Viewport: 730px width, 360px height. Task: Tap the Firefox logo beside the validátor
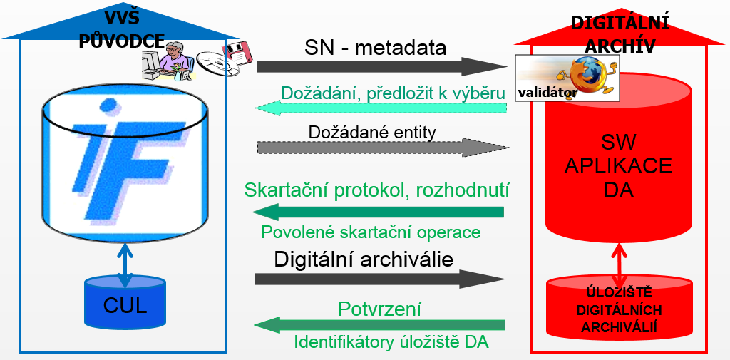click(586, 75)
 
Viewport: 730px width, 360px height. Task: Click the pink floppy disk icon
click(237, 52)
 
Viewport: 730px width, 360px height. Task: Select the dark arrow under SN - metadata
click(381, 66)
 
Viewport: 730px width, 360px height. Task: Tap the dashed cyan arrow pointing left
click(381, 108)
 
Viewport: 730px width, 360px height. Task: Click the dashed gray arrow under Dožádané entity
click(383, 147)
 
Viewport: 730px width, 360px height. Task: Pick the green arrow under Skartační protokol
click(379, 212)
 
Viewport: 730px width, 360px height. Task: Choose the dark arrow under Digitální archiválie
click(380, 279)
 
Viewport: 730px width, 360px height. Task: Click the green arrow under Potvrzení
click(380, 324)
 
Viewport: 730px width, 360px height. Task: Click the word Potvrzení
click(379, 309)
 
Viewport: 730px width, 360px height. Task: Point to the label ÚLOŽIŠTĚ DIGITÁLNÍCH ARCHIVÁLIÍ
click(619, 310)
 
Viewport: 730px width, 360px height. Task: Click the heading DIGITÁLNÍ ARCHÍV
click(620, 34)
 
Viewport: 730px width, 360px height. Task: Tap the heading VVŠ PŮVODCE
click(122, 29)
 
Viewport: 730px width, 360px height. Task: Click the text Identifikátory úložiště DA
click(391, 342)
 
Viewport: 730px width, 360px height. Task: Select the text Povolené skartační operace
click(371, 232)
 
